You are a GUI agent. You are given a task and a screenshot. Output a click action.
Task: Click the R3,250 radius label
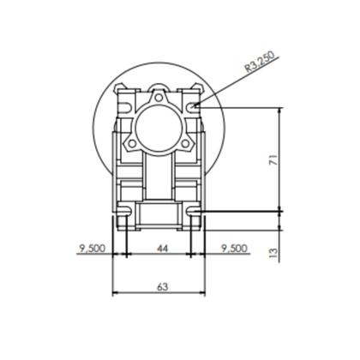coord(260,62)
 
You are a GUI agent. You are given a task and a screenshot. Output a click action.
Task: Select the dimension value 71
coord(273,160)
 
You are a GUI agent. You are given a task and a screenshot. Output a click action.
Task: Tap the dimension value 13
coord(273,253)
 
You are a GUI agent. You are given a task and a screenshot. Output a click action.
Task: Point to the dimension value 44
coord(162,249)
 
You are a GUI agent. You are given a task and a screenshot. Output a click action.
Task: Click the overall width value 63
coord(162,287)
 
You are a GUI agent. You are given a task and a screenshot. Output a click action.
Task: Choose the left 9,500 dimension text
coord(93,249)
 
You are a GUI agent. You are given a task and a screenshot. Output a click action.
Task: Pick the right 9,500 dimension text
coord(234,249)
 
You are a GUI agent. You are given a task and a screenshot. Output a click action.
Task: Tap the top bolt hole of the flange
coord(158,98)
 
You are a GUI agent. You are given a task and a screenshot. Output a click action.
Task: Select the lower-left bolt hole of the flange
coord(131,143)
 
